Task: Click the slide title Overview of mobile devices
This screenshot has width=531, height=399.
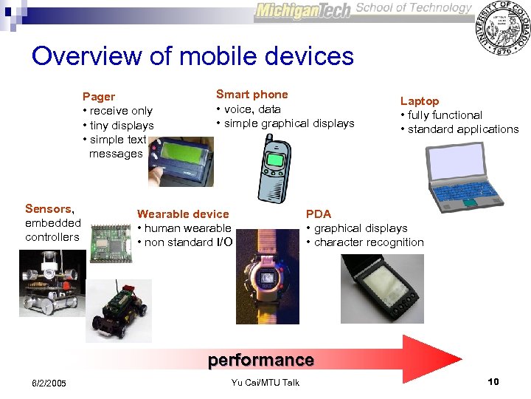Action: [192, 56]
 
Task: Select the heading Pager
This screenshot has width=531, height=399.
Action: [98, 96]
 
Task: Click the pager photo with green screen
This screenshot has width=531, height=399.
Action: [181, 160]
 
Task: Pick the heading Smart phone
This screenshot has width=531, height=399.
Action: [251, 95]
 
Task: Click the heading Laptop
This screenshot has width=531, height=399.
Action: [419, 100]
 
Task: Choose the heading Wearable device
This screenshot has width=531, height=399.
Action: [183, 214]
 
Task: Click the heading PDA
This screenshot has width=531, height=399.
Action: [319, 214]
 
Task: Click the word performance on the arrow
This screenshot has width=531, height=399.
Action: [260, 360]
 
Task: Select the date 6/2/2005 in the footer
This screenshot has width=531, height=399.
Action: [49, 383]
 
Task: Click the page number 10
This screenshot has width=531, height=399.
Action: [493, 381]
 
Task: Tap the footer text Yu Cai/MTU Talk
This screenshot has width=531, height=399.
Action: [265, 382]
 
